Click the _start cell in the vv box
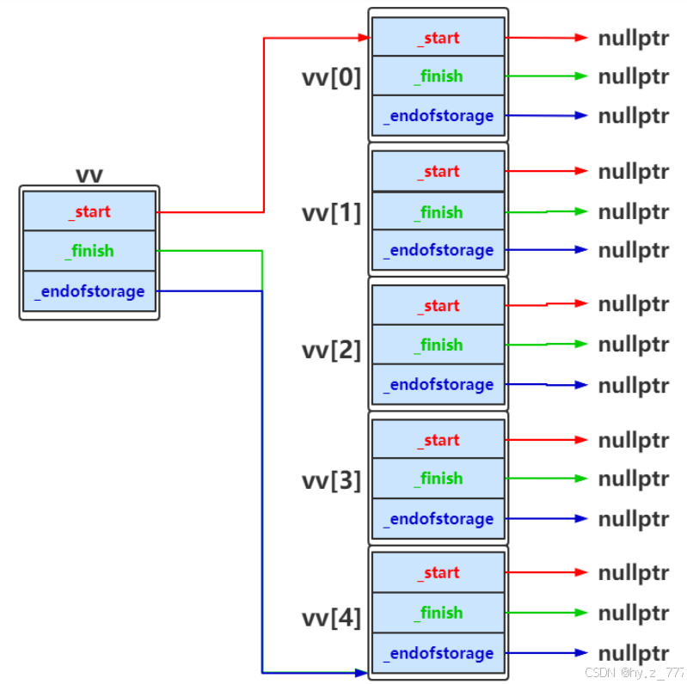pos(89,211)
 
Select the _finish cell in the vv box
pos(89,251)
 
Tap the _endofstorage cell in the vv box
pos(89,291)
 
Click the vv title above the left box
pos(89,174)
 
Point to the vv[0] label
pos(331,77)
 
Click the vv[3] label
pos(331,480)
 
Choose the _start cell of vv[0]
pos(439,37)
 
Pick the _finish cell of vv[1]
pos(439,211)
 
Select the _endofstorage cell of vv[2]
pos(439,384)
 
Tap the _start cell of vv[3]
pos(439,439)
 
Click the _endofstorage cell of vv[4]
pos(439,653)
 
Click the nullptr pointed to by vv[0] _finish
pos(634,77)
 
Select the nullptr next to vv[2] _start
pos(634,304)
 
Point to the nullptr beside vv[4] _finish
pos(634,613)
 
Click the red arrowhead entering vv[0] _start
pos(365,38)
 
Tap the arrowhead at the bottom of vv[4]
pos(361,672)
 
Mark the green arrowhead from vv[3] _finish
pos(581,478)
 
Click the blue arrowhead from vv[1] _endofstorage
pos(581,249)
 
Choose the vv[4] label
pos(331,618)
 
